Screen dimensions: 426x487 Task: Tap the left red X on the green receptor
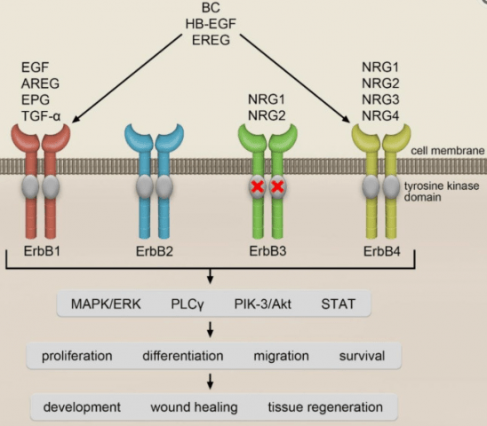258,186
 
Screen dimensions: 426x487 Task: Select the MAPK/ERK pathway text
100,305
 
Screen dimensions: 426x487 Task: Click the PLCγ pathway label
189,305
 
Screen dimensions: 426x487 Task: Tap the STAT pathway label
338,305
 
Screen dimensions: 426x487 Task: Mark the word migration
280,356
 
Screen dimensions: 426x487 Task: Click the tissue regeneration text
325,407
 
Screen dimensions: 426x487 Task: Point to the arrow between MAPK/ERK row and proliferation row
209,331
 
